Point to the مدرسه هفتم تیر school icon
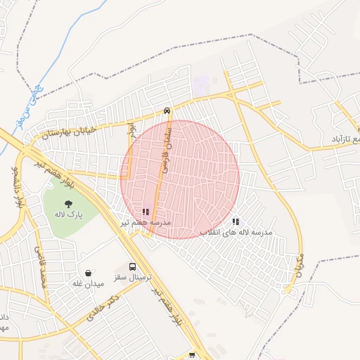click(146, 212)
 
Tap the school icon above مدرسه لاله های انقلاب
click(235, 221)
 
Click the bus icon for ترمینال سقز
click(134, 267)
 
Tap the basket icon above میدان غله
click(88, 273)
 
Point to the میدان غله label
click(88, 283)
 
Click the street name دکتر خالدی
click(101, 308)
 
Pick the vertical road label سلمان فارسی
click(166, 149)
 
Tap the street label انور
click(131, 131)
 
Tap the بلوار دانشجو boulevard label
click(15, 184)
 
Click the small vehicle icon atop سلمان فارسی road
click(167, 110)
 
